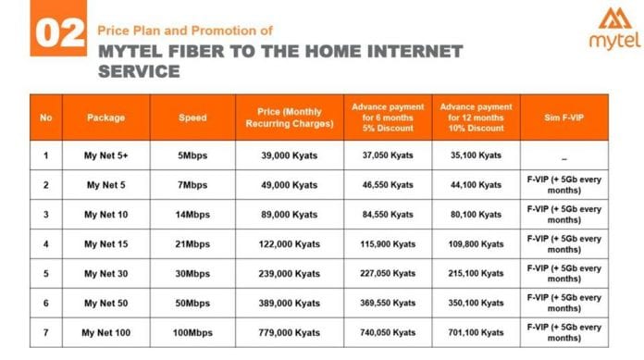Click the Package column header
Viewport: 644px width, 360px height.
point(105,118)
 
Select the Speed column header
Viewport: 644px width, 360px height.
point(192,118)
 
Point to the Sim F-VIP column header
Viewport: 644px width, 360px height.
point(563,118)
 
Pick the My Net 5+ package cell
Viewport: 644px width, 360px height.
point(105,155)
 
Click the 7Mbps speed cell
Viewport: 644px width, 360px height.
point(192,184)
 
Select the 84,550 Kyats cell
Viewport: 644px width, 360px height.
point(388,214)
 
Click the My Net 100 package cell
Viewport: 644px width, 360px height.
point(105,332)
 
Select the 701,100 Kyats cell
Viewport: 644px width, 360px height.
point(477,332)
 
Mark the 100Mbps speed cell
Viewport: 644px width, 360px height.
point(192,332)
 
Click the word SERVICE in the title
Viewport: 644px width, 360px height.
point(139,69)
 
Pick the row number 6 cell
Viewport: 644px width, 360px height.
point(46,303)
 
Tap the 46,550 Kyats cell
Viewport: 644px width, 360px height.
point(388,184)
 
